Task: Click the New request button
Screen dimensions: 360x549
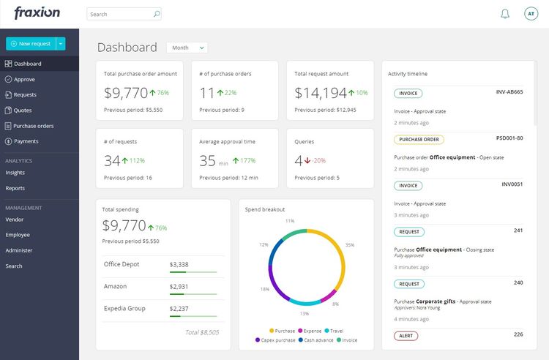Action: click(x=31, y=44)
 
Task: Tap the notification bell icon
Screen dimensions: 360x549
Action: click(x=505, y=14)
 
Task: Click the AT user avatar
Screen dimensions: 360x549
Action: click(x=531, y=14)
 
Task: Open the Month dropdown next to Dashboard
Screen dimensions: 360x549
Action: click(x=187, y=48)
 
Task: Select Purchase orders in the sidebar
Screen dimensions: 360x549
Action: click(x=33, y=126)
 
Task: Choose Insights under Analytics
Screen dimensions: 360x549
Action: click(x=15, y=173)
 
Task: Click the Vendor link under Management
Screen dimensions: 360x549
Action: click(x=15, y=219)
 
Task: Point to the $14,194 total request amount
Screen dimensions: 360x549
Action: click(x=321, y=93)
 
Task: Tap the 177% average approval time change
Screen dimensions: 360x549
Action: click(x=247, y=160)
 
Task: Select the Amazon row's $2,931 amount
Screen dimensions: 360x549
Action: click(x=179, y=287)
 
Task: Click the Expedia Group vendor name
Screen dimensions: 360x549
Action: click(x=125, y=308)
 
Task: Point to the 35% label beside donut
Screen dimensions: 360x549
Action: click(x=350, y=244)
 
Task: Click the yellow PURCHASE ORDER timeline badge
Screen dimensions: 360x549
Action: click(x=419, y=139)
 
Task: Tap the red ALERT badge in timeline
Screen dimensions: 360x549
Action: click(x=406, y=336)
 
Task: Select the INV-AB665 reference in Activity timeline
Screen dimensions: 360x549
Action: click(x=509, y=92)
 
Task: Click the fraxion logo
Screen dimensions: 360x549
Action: click(x=37, y=13)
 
